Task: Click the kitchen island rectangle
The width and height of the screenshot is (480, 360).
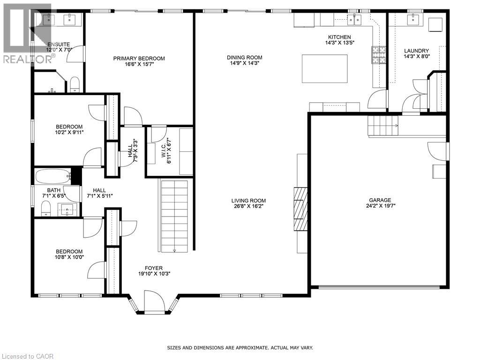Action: coord(324,68)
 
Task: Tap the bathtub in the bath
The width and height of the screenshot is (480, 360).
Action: coord(52,177)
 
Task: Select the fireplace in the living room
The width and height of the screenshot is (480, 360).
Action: coord(300,209)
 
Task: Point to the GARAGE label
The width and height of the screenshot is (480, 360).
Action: coord(379,200)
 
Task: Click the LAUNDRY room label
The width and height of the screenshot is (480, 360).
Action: coord(416,51)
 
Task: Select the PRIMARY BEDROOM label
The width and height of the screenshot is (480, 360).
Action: coord(139,59)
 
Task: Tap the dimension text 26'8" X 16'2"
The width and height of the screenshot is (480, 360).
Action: coord(248,206)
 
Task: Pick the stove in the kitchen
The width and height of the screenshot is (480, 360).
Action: coord(377,55)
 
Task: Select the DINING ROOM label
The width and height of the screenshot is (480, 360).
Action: coord(244,58)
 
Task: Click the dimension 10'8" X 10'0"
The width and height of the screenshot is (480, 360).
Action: coord(69,257)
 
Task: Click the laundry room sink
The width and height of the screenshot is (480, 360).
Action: coord(413,19)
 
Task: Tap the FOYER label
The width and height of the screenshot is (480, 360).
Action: coord(154,268)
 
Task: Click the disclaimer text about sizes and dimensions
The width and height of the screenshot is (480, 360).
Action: coord(240,348)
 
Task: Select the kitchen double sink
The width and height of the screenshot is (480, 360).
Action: coord(353,19)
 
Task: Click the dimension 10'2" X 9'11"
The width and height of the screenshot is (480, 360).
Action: coord(69,132)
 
